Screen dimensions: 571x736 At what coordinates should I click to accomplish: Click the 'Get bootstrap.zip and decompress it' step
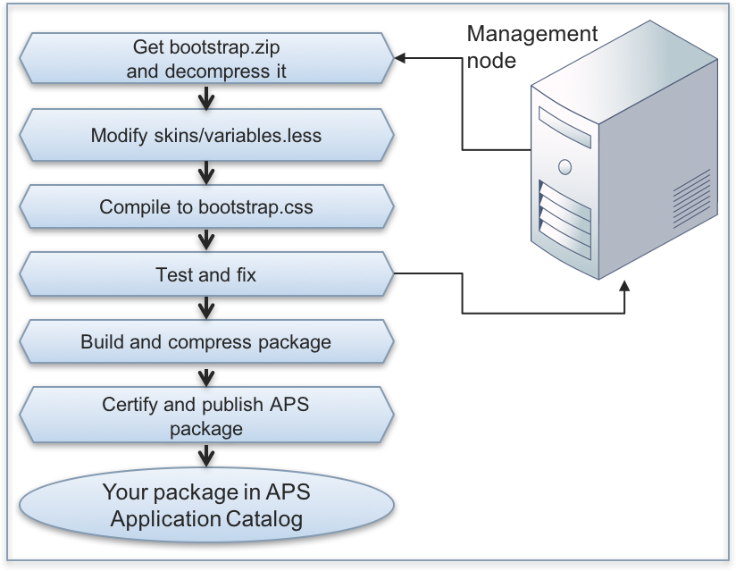tap(206, 59)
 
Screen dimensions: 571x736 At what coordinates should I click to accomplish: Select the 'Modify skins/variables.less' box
tap(206, 136)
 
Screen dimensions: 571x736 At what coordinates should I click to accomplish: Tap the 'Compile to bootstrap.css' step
tap(206, 207)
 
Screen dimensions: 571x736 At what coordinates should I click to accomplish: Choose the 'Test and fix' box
tap(206, 274)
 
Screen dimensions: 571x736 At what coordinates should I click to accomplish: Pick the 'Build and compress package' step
tap(206, 342)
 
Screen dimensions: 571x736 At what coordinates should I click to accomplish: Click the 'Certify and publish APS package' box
tap(206, 416)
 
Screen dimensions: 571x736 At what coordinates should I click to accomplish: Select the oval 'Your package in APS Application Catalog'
tap(206, 506)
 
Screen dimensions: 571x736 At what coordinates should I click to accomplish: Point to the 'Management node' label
tap(531, 46)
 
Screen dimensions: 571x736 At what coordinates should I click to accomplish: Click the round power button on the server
tap(565, 165)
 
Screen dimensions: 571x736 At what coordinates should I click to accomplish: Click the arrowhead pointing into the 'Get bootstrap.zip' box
tap(401, 59)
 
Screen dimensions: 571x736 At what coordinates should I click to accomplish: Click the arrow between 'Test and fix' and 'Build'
tap(206, 307)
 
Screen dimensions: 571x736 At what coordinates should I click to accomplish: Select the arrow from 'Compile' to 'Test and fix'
tap(206, 239)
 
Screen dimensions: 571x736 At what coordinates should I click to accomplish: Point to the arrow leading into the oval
tap(206, 455)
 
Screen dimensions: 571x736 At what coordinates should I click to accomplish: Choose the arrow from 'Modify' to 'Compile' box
tap(206, 171)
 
